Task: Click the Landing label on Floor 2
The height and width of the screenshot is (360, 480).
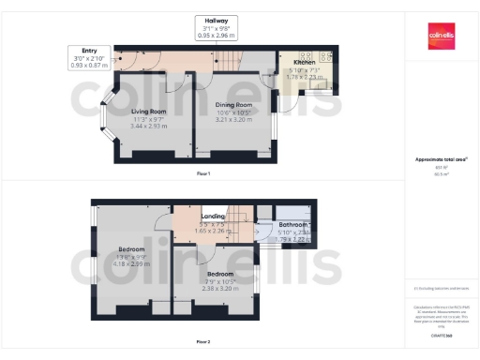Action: click(213, 217)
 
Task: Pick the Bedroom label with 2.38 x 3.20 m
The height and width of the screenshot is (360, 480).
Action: click(221, 274)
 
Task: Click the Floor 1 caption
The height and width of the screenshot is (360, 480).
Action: click(202, 174)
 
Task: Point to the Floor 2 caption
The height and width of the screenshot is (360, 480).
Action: click(202, 341)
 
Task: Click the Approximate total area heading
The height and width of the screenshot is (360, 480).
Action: click(440, 159)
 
